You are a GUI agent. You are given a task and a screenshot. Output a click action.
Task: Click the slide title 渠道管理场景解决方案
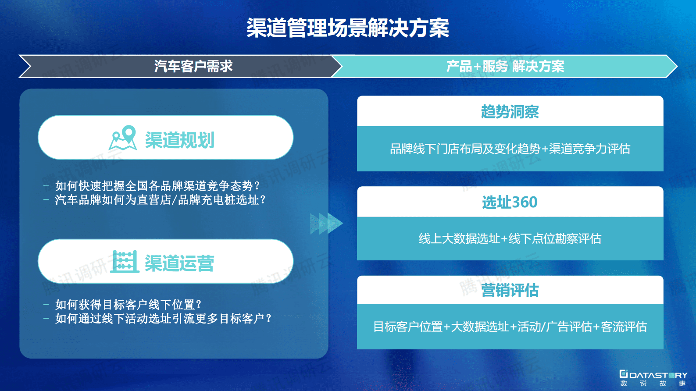click(347, 28)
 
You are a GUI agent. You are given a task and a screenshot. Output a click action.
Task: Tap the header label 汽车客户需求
click(193, 66)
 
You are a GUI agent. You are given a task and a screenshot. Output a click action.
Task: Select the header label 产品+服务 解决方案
click(505, 66)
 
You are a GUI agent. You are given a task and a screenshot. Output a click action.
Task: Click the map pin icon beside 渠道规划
click(123, 138)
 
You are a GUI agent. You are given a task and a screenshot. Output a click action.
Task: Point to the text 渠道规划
click(179, 140)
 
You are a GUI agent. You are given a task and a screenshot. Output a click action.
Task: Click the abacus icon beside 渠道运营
click(125, 262)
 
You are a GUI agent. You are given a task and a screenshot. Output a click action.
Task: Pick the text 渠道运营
click(179, 263)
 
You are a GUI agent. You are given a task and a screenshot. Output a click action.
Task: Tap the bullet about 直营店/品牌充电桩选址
click(161, 200)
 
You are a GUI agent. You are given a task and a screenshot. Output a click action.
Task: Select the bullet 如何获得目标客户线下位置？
click(128, 304)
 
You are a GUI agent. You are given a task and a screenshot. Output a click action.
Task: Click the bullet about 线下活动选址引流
click(163, 318)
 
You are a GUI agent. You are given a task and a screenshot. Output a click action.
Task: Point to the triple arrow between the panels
click(326, 223)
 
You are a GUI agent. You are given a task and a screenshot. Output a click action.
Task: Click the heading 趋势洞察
click(510, 112)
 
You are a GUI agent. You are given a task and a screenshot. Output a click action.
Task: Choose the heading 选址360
click(510, 202)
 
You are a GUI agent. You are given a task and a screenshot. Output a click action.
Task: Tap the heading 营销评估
click(510, 290)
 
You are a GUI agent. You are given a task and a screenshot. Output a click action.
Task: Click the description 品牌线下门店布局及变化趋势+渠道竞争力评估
click(510, 149)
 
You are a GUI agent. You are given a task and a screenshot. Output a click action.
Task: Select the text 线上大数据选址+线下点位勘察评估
click(510, 238)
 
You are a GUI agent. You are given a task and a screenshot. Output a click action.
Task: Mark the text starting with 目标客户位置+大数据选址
click(510, 327)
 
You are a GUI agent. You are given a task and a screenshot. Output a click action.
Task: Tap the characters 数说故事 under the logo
click(653, 384)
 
